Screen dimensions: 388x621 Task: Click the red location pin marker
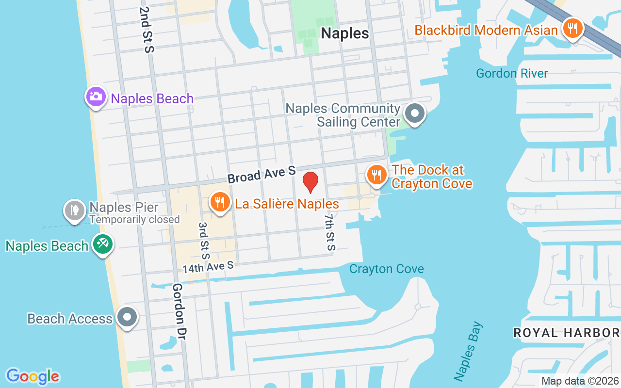310,182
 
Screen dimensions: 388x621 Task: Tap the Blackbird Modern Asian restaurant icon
572,29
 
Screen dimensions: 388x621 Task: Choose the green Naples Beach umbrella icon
103,244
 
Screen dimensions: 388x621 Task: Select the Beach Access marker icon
128,317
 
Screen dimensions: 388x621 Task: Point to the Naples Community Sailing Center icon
415,114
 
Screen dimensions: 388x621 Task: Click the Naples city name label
345,33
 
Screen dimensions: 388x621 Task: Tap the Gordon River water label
512,74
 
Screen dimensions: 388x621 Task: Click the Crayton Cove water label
387,269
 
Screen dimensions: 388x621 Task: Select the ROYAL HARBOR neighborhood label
566,333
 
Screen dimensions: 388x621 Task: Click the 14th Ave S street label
208,266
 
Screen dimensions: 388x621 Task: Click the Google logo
33,376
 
